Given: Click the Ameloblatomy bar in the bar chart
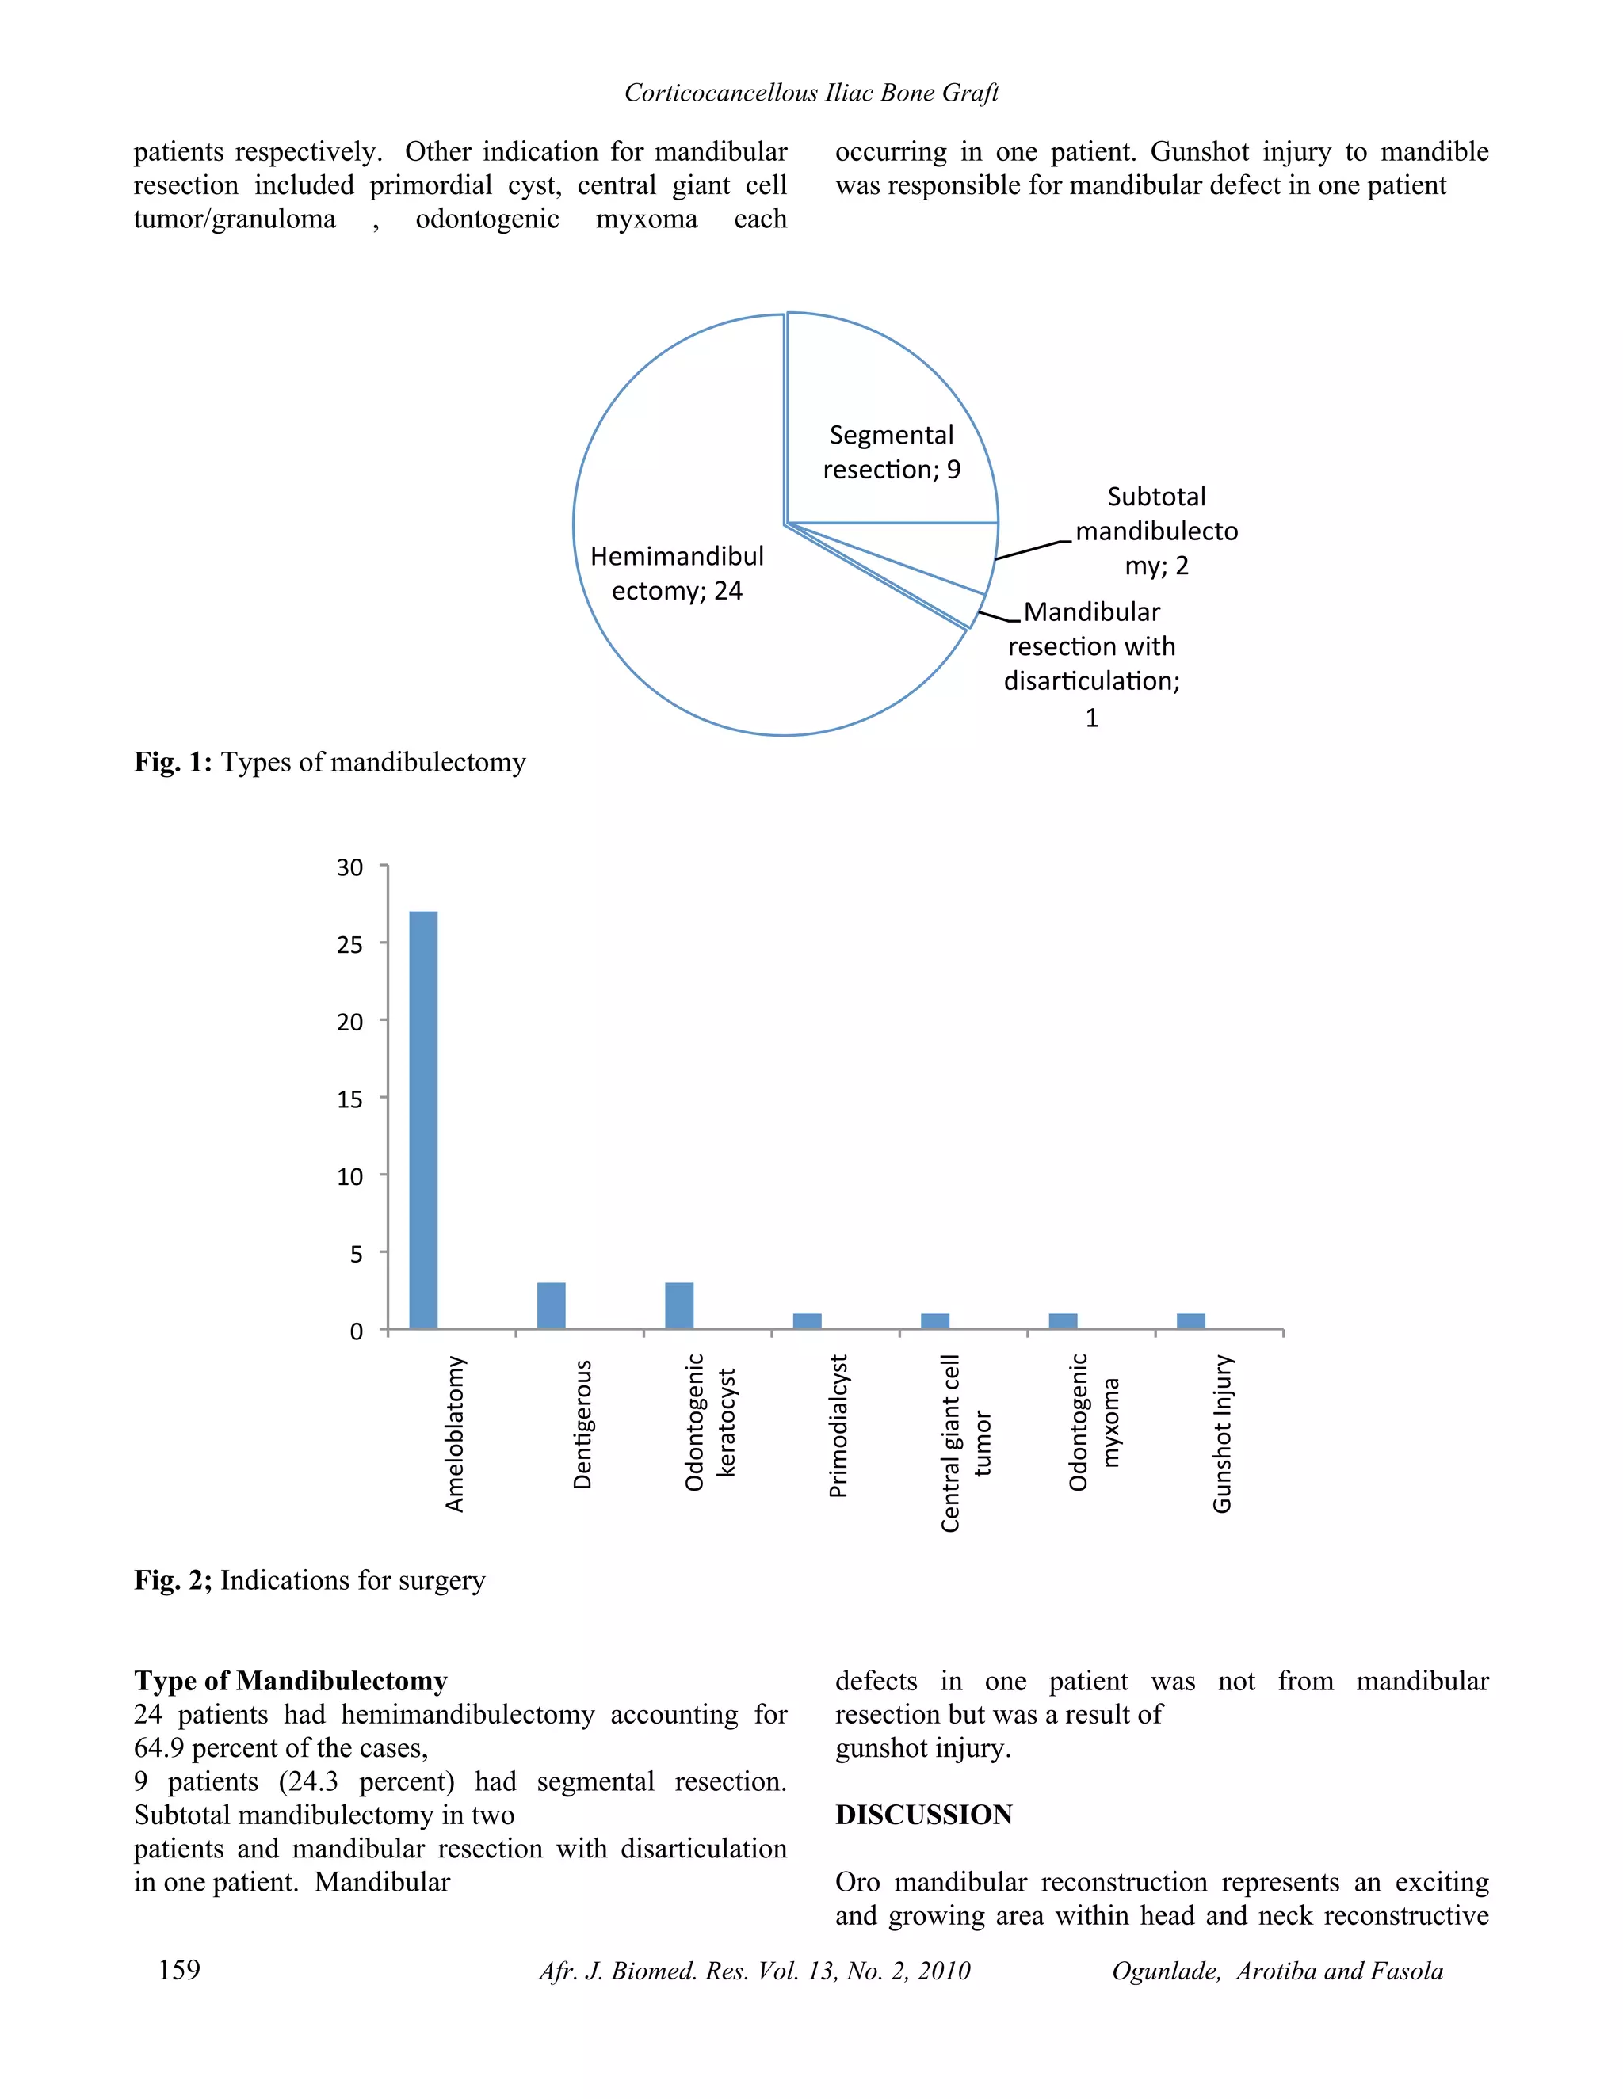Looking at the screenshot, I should click(x=423, y=1120).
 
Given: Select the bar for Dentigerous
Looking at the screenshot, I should click(x=551, y=1305).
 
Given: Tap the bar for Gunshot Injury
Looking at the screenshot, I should click(x=1190, y=1320).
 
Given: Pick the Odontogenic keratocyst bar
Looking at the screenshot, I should click(x=679, y=1305).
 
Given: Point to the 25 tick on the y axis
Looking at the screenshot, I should click(x=350, y=945).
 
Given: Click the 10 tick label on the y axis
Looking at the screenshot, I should click(x=350, y=1176).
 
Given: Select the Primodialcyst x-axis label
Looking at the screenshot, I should click(x=838, y=1425).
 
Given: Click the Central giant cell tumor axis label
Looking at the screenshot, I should click(x=964, y=1442).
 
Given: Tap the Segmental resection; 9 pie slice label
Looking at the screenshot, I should click(x=892, y=451).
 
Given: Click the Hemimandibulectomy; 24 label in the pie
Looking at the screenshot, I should click(x=677, y=573).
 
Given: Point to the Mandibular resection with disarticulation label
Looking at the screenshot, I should click(x=1091, y=663).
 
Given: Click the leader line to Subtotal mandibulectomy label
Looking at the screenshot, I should click(x=1031, y=549).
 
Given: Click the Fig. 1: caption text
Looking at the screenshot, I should click(x=330, y=762).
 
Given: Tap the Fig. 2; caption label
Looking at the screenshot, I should click(x=310, y=1580).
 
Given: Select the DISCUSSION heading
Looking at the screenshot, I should click(x=923, y=1815).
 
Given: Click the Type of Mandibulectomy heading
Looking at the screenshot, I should click(x=290, y=1681).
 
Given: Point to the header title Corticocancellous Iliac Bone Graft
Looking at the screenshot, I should click(x=811, y=93).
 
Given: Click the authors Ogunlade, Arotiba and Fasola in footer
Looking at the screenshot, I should click(x=1277, y=1971).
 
